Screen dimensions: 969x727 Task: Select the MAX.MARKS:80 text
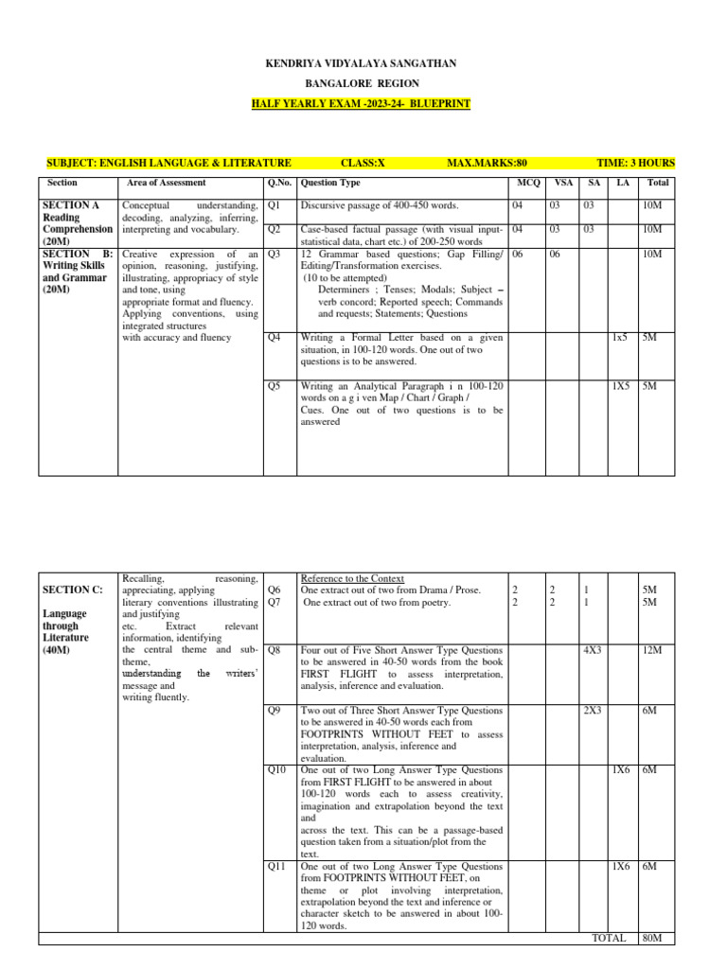point(487,164)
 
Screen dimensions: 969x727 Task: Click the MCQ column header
point(525,183)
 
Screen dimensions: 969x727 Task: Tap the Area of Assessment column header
point(166,183)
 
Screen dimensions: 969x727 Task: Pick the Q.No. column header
point(278,183)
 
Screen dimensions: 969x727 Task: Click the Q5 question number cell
point(275,386)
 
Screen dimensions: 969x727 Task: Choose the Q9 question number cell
point(275,710)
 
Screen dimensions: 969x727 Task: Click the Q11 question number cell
point(276,866)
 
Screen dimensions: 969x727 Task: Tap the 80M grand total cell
point(651,938)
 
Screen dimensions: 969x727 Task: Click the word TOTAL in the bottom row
point(609,938)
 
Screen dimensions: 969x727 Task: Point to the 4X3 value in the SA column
point(594,651)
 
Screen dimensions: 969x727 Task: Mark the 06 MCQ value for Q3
point(517,255)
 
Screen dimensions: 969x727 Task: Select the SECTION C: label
point(71,590)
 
